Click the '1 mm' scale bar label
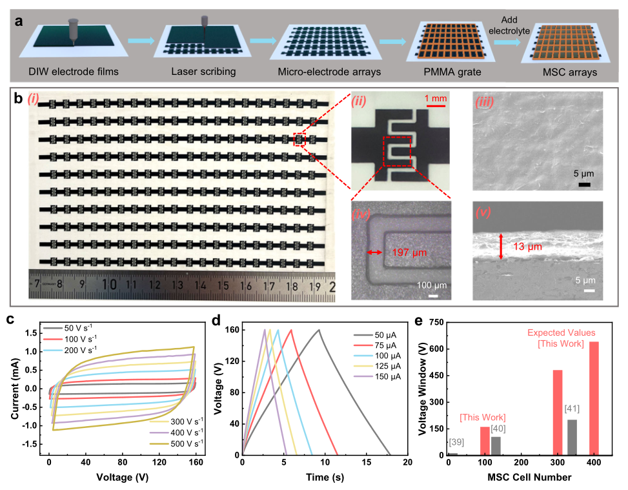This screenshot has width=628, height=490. tap(436, 97)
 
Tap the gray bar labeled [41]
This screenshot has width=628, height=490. tap(572, 436)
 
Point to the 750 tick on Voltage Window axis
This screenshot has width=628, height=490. tap(436, 322)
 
